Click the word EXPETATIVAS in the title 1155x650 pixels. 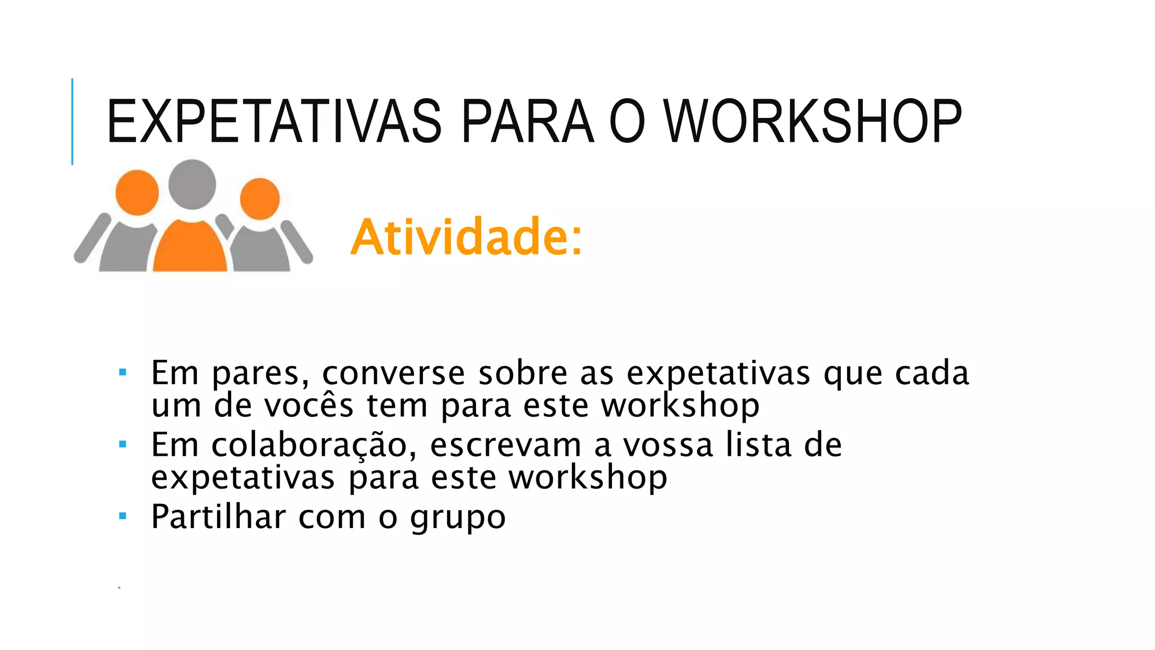point(274,122)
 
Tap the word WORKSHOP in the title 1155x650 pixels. point(812,122)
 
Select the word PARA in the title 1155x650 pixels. point(527,122)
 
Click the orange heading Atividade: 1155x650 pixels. point(466,237)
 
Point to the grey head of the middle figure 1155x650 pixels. point(192,184)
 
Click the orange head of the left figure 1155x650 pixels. point(137,192)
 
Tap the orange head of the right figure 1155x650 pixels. point(260,198)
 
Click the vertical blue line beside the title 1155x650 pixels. point(72,121)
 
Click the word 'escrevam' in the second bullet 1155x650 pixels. point(505,445)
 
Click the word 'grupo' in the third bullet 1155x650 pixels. point(458,518)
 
